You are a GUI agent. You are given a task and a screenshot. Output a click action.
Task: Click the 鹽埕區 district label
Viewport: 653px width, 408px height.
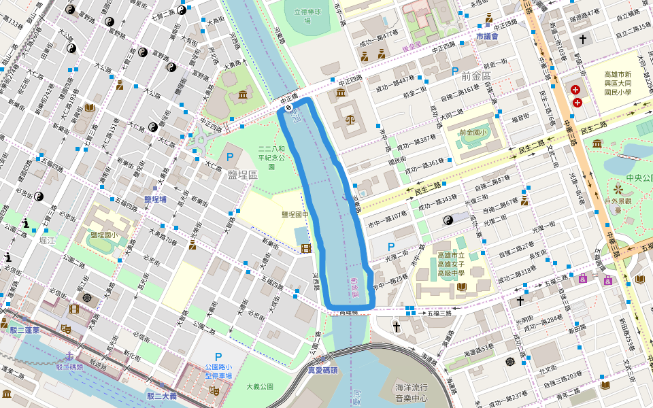(x=243, y=175)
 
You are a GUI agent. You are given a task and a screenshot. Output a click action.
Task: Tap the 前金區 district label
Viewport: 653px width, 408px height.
(x=475, y=75)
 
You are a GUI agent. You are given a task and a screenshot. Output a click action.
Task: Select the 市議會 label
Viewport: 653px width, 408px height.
(x=487, y=36)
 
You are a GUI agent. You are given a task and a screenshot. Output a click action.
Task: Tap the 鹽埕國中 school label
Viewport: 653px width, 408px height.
(x=295, y=214)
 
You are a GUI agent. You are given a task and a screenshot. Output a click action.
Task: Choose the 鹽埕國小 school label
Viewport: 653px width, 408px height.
(x=104, y=235)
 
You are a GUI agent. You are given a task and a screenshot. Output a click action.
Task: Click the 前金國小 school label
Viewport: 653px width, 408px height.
(x=474, y=133)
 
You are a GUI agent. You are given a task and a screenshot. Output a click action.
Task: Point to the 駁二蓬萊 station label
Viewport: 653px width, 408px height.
(x=24, y=330)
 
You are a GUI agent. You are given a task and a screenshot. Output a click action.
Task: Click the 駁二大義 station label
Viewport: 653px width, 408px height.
(x=161, y=396)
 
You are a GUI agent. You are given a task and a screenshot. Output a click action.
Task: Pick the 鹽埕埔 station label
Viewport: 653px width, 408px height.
(x=155, y=199)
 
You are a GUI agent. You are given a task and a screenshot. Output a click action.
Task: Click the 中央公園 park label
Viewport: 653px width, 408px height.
(x=639, y=178)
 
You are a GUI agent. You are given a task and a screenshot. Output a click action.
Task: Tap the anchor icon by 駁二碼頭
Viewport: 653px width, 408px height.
(x=69, y=356)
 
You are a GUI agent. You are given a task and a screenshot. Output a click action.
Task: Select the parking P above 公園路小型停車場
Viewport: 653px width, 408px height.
(x=218, y=357)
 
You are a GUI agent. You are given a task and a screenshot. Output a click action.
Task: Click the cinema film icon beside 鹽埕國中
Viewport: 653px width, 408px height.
(x=306, y=249)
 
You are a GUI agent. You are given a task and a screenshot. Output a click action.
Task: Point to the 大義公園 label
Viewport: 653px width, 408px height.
(x=259, y=386)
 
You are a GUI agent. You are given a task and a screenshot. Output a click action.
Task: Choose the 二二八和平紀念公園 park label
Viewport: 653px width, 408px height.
(x=266, y=156)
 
